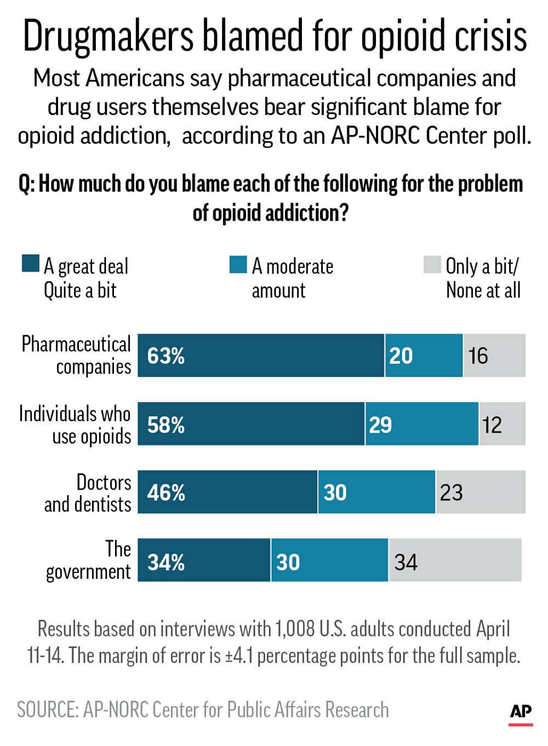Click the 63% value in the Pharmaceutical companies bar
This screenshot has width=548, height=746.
[x=165, y=356]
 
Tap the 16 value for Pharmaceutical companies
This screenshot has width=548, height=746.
[x=478, y=356]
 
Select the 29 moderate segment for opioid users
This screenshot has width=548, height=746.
[x=380, y=424]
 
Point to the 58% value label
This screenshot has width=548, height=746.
[x=165, y=424]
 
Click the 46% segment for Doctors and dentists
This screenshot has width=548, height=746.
[x=165, y=493]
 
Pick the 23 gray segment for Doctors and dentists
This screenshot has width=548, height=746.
[x=452, y=493]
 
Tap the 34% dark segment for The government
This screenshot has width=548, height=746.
[x=165, y=562]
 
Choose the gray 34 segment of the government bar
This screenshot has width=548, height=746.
[x=406, y=562]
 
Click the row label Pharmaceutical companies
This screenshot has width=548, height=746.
[x=77, y=355]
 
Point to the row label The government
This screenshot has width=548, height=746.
[x=89, y=560]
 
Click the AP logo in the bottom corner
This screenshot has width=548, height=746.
[x=521, y=712]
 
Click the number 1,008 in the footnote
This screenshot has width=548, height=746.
[x=296, y=629]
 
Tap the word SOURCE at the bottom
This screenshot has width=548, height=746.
[x=47, y=710]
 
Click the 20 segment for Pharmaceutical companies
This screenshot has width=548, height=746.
[x=401, y=356]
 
